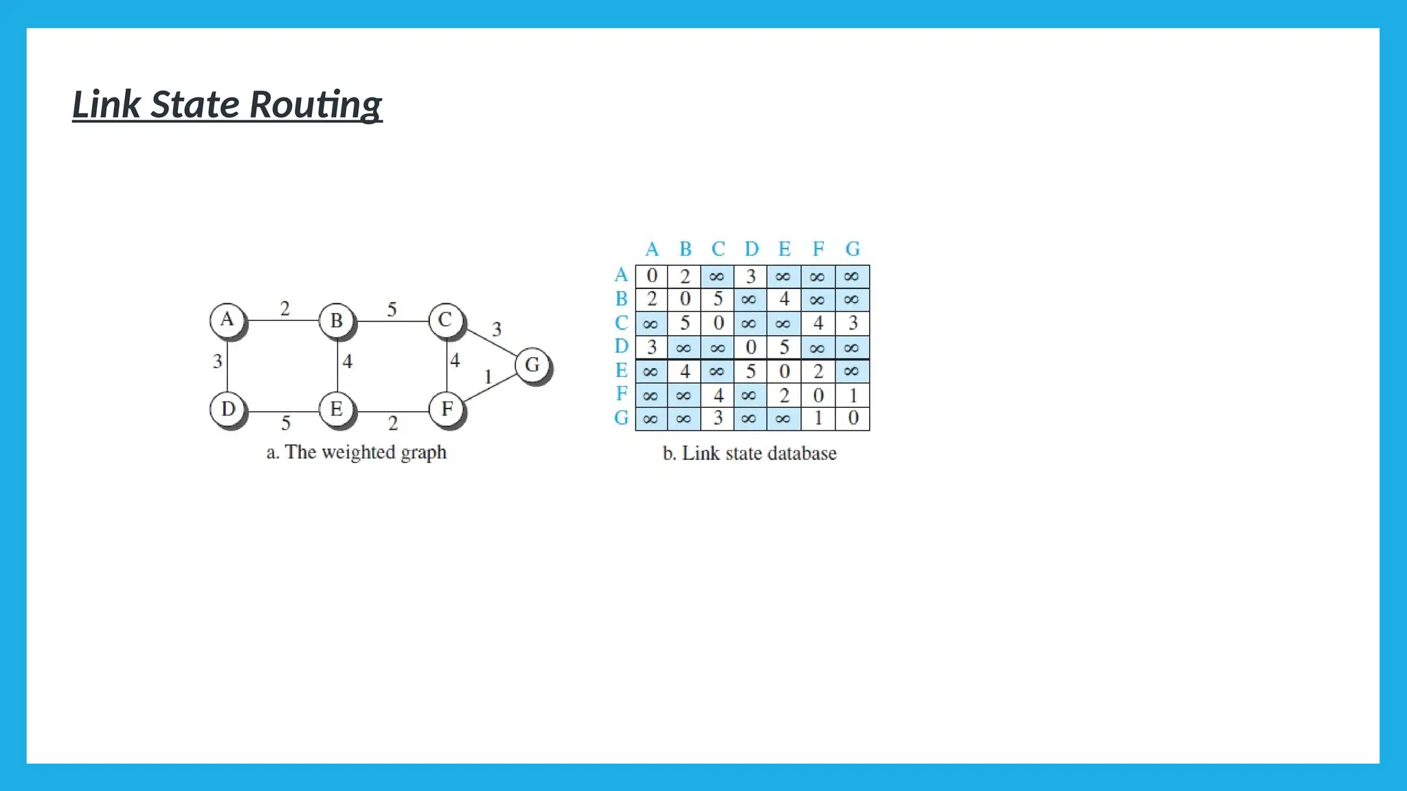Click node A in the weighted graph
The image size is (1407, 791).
[227, 320]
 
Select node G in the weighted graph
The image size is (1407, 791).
[532, 365]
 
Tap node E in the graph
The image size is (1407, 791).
[337, 409]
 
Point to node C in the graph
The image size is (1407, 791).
[446, 320]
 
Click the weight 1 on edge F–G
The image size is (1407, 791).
[488, 377]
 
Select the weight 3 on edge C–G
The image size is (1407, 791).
[497, 330]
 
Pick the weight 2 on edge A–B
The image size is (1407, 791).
[285, 309]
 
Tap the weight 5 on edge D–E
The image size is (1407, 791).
[286, 423]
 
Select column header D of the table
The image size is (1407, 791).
[752, 249]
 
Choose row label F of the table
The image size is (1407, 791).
[622, 394]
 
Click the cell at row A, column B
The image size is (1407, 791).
[684, 277]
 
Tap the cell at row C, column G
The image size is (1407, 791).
[853, 323]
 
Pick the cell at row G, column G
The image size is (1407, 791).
[853, 418]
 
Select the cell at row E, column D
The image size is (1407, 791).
[751, 371]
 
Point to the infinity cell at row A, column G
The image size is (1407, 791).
[852, 277]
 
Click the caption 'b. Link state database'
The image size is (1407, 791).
[750, 454]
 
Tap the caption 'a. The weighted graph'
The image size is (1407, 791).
[357, 452]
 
